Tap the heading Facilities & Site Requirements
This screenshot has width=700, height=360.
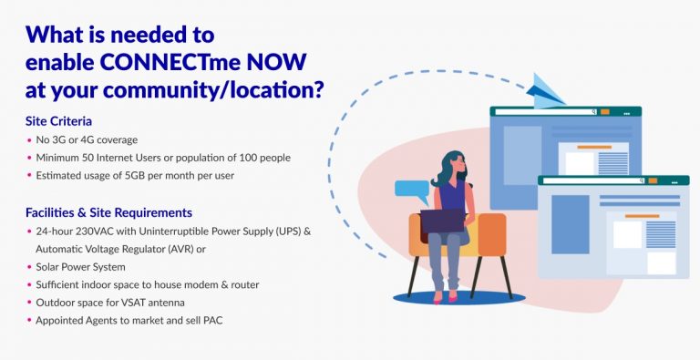(x=108, y=212)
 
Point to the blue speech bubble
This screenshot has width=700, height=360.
(x=411, y=190)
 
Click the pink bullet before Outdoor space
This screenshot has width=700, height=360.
(x=30, y=303)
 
